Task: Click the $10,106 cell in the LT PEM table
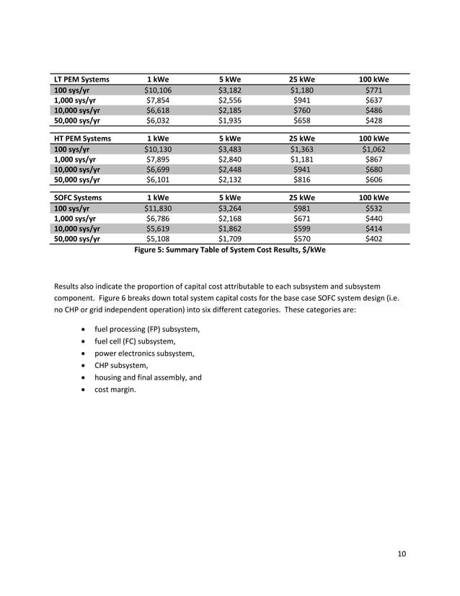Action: (158, 90)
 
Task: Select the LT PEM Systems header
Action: (81, 79)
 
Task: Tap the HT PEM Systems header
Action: (81, 139)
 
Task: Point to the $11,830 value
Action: (158, 209)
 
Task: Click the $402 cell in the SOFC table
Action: (374, 238)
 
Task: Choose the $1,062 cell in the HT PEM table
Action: (374, 149)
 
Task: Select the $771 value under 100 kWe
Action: (374, 90)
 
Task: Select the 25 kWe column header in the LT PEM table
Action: (302, 79)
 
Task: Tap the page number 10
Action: (402, 554)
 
